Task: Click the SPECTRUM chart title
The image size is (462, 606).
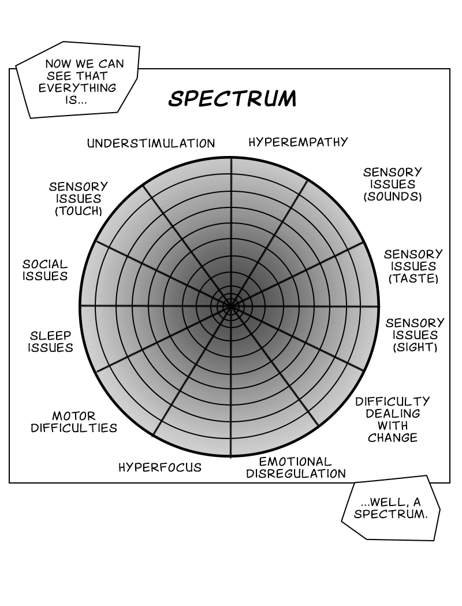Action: (232, 99)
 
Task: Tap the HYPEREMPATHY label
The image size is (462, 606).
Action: (298, 142)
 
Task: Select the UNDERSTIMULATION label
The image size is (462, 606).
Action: (151, 143)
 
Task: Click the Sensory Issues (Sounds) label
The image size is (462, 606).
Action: (393, 184)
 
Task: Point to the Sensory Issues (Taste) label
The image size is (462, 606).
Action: (413, 266)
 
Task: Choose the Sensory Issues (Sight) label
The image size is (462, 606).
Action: (415, 335)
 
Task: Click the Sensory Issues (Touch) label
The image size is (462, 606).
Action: (79, 199)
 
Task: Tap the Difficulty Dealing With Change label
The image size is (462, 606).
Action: (392, 419)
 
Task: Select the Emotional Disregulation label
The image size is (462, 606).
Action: (296, 468)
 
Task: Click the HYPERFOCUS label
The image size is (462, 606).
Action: (160, 467)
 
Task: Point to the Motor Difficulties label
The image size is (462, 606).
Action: (74, 422)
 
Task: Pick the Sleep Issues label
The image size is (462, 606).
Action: (51, 341)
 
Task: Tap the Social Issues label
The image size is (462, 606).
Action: (45, 270)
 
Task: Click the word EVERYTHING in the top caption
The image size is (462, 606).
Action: (77, 88)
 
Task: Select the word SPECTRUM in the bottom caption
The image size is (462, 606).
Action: (391, 514)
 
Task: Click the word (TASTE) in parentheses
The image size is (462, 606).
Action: (413, 278)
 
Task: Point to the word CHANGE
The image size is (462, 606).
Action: (393, 438)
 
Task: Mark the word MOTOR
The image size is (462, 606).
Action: (74, 416)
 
